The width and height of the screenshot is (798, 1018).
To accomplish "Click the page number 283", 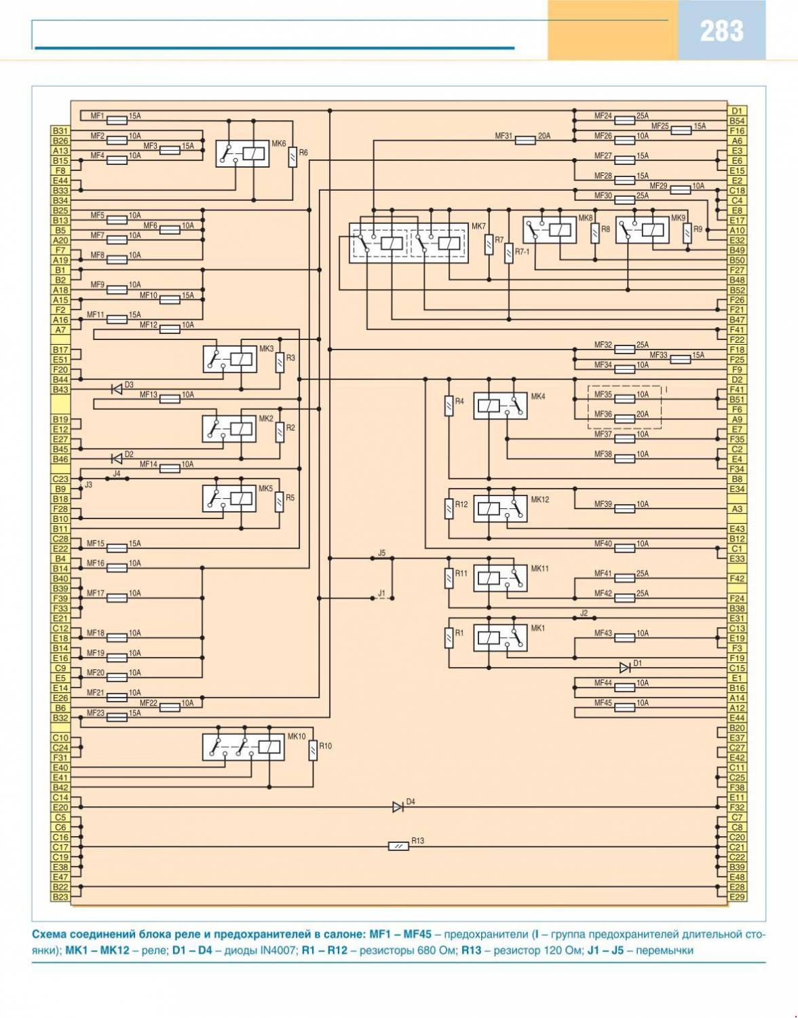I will click(721, 31).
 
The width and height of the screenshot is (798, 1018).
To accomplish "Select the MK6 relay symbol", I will click(242, 154).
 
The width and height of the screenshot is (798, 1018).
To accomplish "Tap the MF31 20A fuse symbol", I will click(526, 140).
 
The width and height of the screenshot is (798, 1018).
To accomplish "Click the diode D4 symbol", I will click(398, 807).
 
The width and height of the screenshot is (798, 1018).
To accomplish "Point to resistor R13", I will click(398, 847).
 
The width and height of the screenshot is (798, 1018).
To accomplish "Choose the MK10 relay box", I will click(243, 747).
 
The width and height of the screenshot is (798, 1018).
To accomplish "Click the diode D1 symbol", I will click(624, 668).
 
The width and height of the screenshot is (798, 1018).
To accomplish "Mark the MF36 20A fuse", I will click(624, 419).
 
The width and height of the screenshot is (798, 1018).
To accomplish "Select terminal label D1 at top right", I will click(737, 111).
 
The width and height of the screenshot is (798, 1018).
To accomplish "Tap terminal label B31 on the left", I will click(61, 130).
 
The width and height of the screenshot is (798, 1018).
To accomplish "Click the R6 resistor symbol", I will click(292, 159).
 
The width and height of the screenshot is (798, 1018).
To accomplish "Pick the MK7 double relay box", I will click(408, 242).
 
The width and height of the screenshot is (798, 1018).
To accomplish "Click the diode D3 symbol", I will click(117, 389).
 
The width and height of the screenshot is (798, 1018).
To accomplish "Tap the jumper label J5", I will click(381, 553).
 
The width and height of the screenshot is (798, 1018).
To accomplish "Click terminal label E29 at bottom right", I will click(737, 897).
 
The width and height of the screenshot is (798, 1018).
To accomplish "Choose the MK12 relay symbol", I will click(500, 508).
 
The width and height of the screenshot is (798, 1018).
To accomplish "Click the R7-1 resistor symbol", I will click(508, 254).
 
